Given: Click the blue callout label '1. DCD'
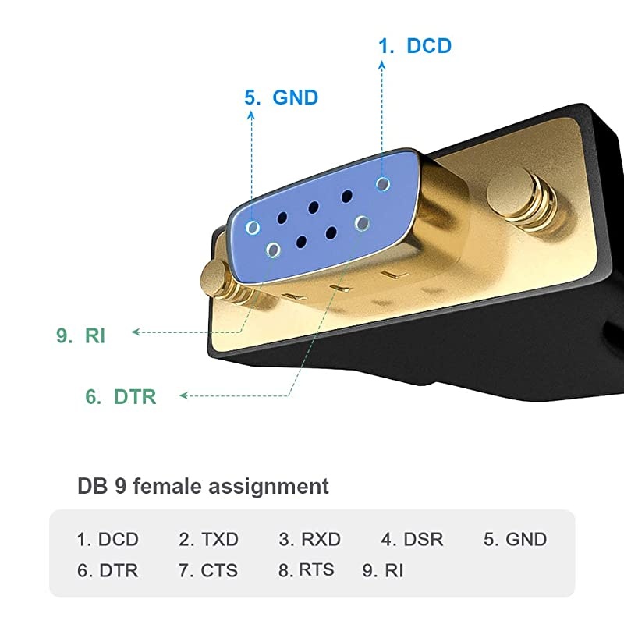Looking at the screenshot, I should [414, 45].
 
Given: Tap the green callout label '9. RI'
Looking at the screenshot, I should [80, 336].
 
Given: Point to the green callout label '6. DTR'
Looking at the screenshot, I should [120, 397].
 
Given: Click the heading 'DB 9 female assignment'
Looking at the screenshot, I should [203, 487].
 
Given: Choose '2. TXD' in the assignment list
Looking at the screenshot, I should [208, 539].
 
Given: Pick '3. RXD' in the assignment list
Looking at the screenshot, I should [310, 539].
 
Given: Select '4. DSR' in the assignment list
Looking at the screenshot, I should [412, 539].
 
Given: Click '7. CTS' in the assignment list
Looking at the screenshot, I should [208, 570].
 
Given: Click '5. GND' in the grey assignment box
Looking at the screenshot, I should [515, 539].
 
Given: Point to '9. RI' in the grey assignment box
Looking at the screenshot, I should [383, 570].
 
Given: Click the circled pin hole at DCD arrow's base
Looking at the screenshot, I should [382, 183].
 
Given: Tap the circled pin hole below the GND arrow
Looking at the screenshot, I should [253, 227].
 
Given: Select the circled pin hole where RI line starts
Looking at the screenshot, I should [273, 250].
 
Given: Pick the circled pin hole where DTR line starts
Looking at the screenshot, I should [361, 223].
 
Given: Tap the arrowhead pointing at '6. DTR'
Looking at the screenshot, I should [184, 396].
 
